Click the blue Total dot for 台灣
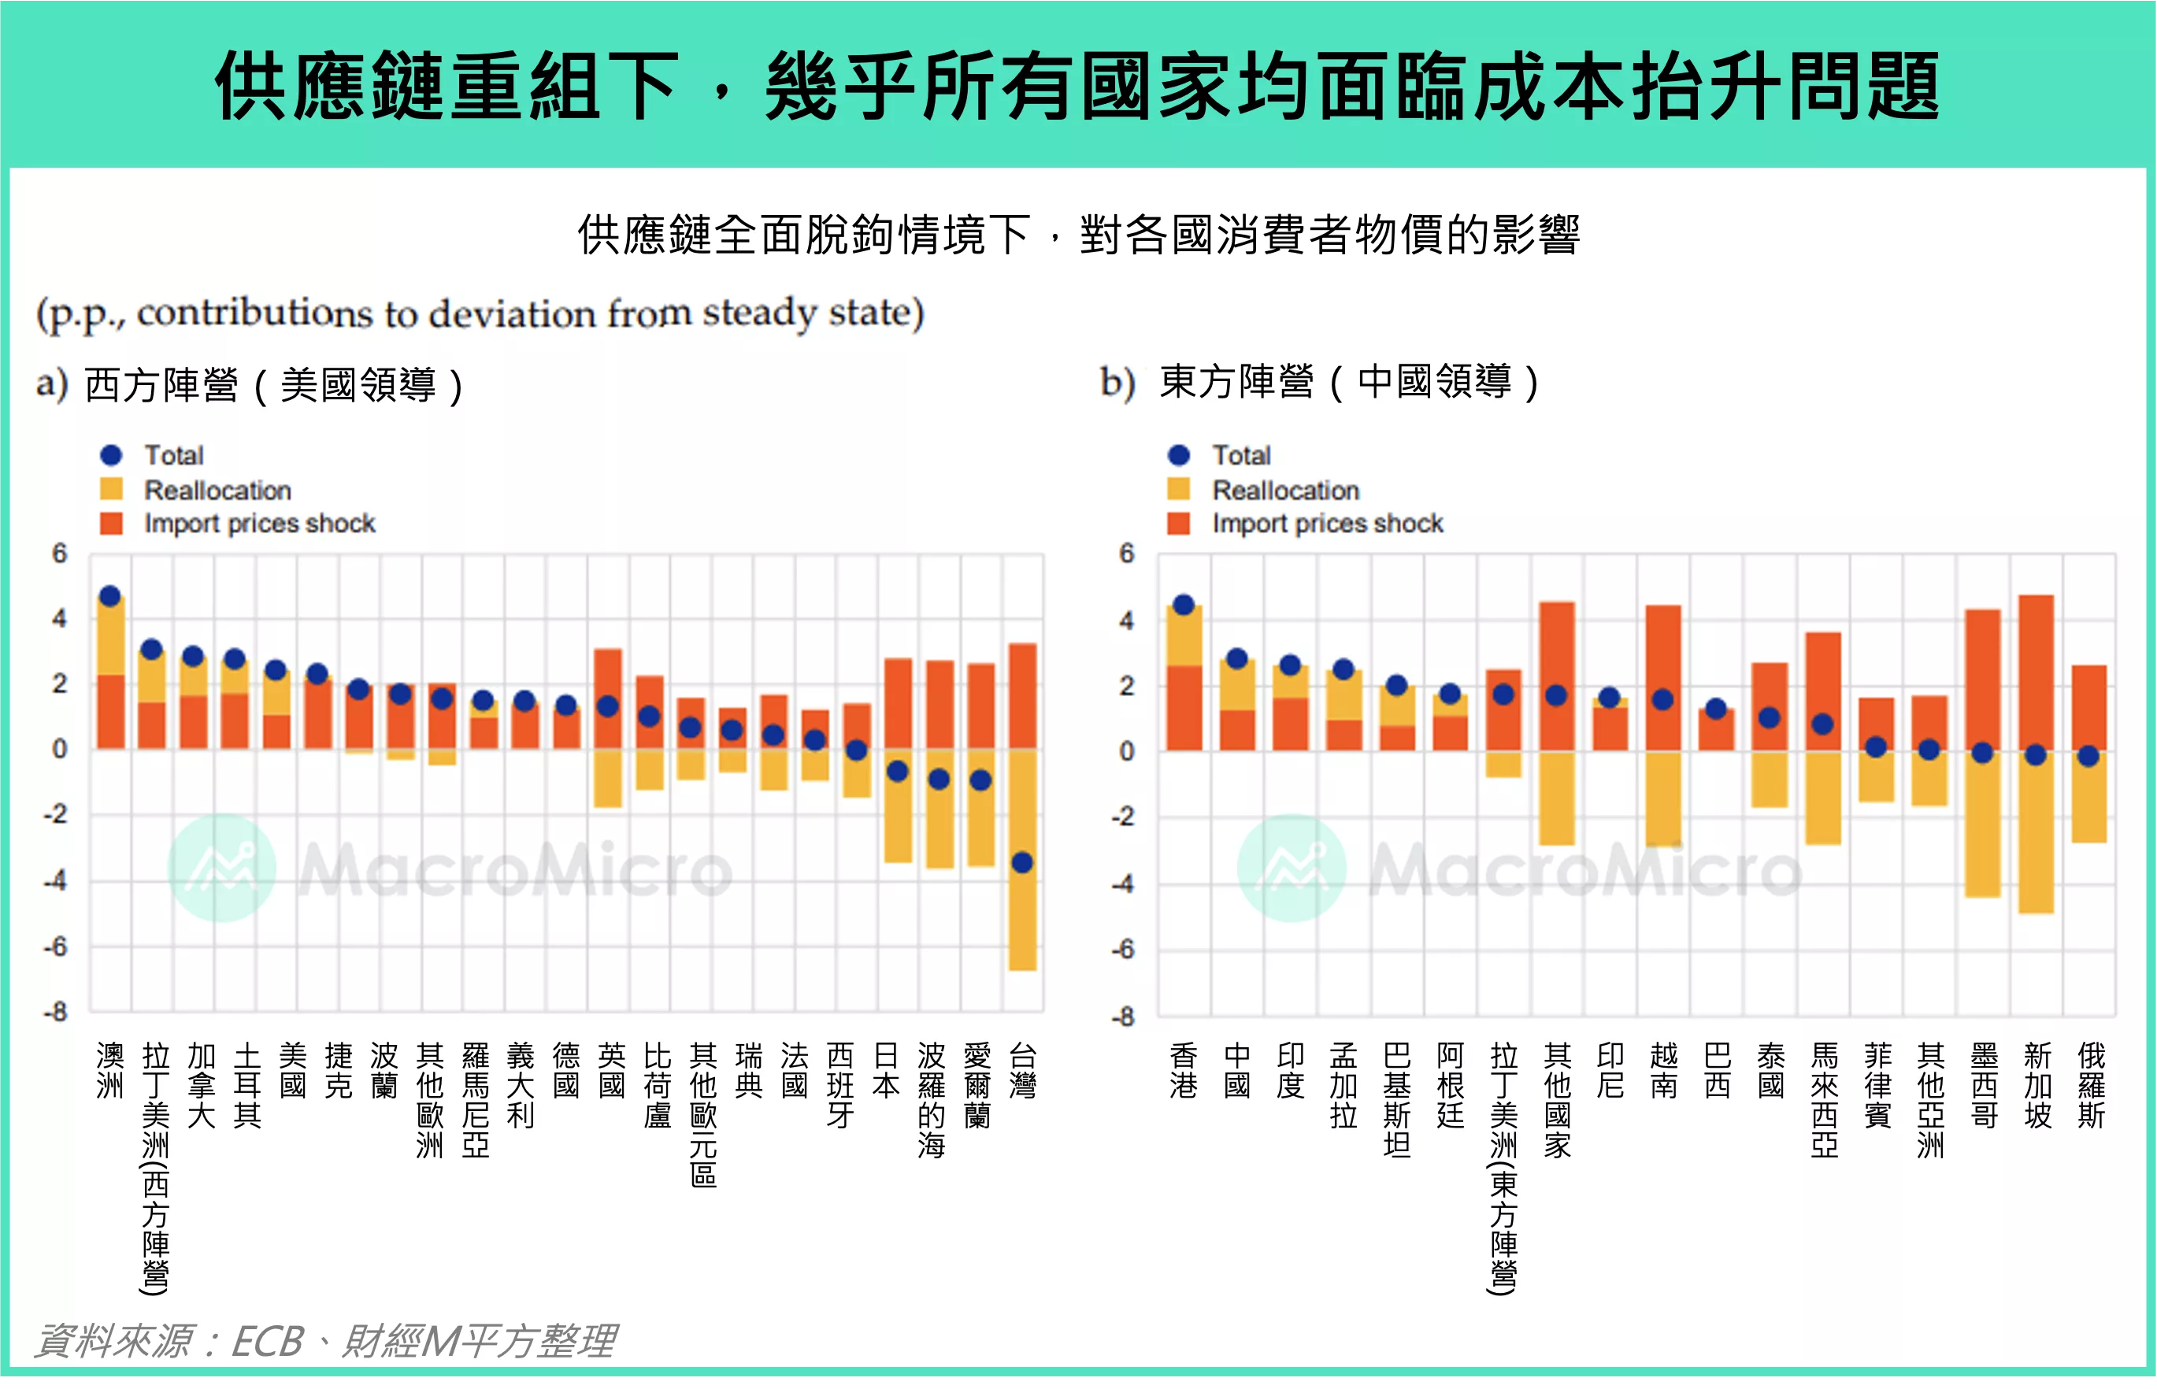tap(1021, 862)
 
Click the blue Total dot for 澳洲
tap(110, 595)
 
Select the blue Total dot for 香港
tap(1184, 604)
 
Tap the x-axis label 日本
tap(886, 1070)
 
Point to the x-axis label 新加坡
tap(2037, 1085)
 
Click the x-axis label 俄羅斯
tap(2090, 1085)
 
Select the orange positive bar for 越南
tap(1662, 676)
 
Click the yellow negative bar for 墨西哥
tap(1982, 824)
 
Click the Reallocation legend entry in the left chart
tap(217, 490)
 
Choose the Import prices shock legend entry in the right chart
tap(1326, 523)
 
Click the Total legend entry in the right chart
tap(1240, 454)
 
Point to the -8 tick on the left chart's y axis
tap(55, 1012)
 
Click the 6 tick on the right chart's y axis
tap(1126, 553)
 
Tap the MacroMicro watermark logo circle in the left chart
tap(222, 868)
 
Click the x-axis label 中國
tap(1237, 1070)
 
